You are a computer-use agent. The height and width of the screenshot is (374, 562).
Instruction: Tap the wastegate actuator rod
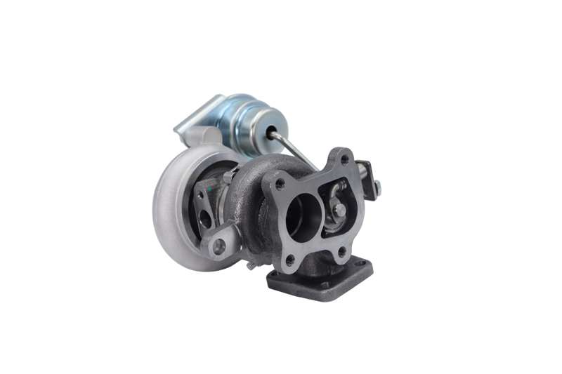click(x=295, y=149)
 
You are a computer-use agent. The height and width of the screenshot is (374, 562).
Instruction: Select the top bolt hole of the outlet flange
click(x=344, y=160)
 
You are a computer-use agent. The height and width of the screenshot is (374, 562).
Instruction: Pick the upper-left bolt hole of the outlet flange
click(x=280, y=185)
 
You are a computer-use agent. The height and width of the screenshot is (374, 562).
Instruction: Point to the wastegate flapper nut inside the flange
click(x=339, y=210)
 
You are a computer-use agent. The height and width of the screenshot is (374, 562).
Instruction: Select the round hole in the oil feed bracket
click(x=219, y=246)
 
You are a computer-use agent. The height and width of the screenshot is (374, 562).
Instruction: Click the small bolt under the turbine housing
click(x=250, y=265)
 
